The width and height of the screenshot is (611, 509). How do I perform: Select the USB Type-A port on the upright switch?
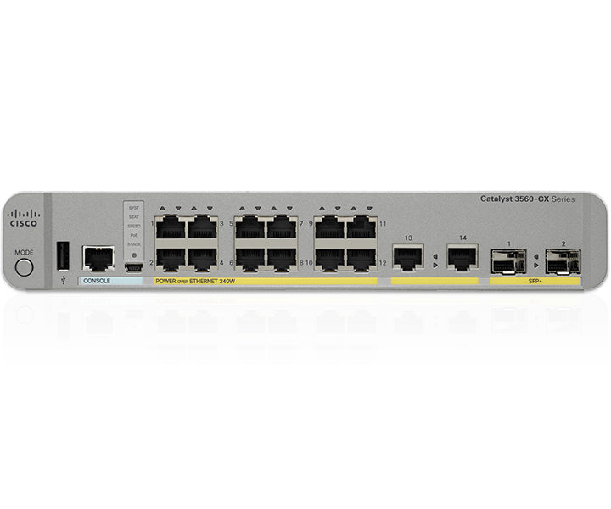tap(63, 255)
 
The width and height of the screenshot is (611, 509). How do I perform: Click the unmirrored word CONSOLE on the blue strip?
tap(98, 280)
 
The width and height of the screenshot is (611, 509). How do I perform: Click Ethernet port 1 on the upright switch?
tap(171, 227)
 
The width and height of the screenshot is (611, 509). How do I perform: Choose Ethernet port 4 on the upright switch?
tap(202, 257)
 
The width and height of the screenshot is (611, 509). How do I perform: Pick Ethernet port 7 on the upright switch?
tap(280, 227)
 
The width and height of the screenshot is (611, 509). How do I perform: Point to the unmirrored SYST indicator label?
tap(133, 207)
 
